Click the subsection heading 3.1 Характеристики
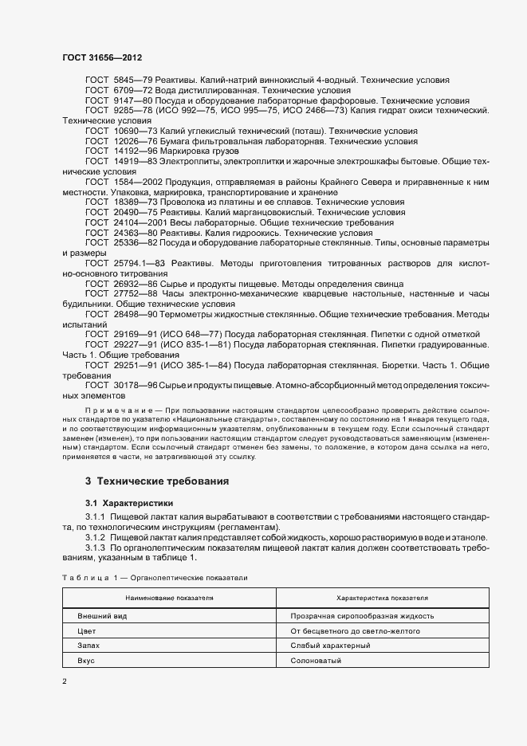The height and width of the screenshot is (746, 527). click(129, 503)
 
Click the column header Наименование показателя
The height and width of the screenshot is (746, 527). click(168, 597)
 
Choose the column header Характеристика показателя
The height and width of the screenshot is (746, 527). click(382, 597)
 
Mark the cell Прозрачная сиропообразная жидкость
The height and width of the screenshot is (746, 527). click(363, 616)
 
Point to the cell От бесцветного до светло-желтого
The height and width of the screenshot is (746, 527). click(356, 631)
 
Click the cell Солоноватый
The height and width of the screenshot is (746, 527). click(317, 661)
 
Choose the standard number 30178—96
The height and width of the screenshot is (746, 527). click(130, 385)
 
